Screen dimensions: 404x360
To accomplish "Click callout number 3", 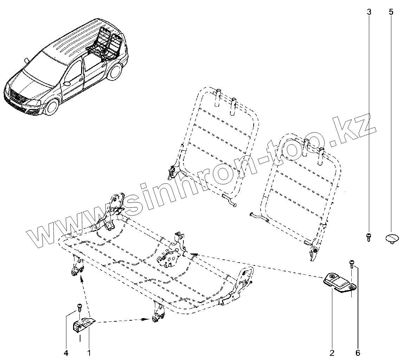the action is [x=369, y=12].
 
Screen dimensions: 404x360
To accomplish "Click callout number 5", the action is [x=391, y=12].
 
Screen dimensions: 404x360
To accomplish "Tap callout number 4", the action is [x=66, y=352].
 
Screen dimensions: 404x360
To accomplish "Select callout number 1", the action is [x=89, y=352].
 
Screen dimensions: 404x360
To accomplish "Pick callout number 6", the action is [x=358, y=352].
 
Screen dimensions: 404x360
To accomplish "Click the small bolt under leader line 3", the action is [x=369, y=237].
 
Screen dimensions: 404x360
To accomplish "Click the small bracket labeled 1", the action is [x=84, y=325].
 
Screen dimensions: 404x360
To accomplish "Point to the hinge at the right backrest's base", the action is [x=314, y=251].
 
